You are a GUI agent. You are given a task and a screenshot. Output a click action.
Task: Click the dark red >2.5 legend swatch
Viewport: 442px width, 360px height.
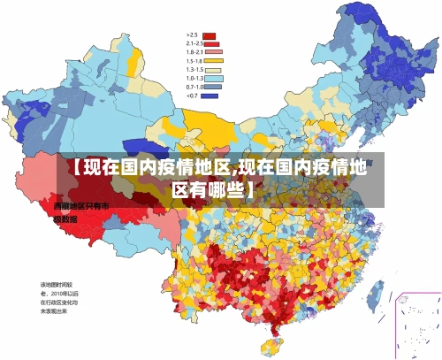point(210,36)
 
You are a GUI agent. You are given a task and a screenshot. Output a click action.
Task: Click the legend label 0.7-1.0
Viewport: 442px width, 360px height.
point(194,87)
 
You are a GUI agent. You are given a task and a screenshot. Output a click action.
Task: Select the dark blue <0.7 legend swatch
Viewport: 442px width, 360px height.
point(210,95)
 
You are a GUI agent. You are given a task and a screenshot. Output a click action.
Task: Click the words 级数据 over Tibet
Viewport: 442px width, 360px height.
point(65,218)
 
